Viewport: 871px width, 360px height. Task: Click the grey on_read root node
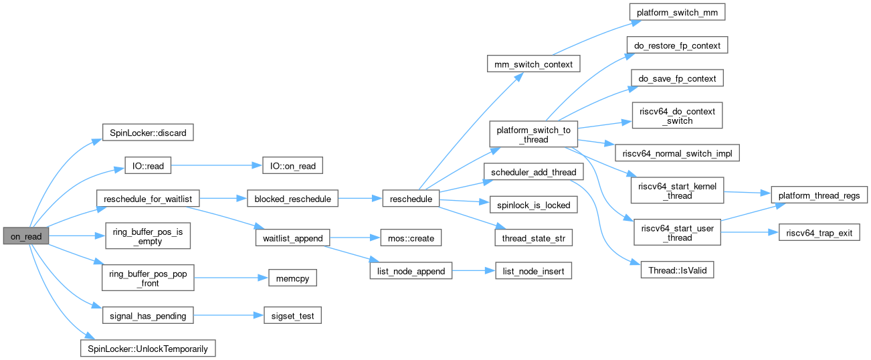pyautogui.click(x=25, y=237)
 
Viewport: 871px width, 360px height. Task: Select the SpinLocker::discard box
pyautogui.click(x=147, y=132)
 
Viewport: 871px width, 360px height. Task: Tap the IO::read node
pyautogui.click(x=147, y=166)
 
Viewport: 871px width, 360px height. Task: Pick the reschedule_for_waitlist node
pyautogui.click(x=148, y=199)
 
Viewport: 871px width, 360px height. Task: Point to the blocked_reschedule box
pyautogui.click(x=292, y=199)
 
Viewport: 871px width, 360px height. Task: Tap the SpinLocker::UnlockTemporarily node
pyautogui.click(x=148, y=348)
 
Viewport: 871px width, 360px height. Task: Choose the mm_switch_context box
pyautogui.click(x=533, y=64)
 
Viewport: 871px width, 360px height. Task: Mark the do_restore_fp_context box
pyautogui.click(x=677, y=45)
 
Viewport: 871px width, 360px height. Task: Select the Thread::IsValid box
pyautogui.click(x=677, y=271)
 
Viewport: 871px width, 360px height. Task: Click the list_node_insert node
pyautogui.click(x=533, y=271)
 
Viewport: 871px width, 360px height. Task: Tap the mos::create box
pyautogui.click(x=409, y=238)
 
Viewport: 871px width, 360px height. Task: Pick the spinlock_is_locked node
pyautogui.click(x=533, y=205)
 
